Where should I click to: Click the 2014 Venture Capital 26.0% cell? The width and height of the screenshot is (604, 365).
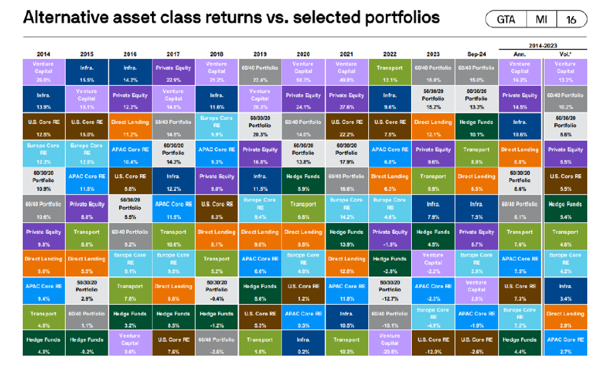pyautogui.click(x=43, y=71)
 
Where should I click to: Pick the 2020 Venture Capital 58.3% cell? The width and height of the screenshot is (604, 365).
pyautogui.click(x=303, y=71)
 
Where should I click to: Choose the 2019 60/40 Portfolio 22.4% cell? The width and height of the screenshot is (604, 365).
pyautogui.click(x=260, y=71)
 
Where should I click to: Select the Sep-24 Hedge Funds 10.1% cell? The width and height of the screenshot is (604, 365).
pyautogui.click(x=476, y=126)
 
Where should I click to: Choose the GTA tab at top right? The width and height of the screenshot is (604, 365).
pyautogui.click(x=506, y=19)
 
